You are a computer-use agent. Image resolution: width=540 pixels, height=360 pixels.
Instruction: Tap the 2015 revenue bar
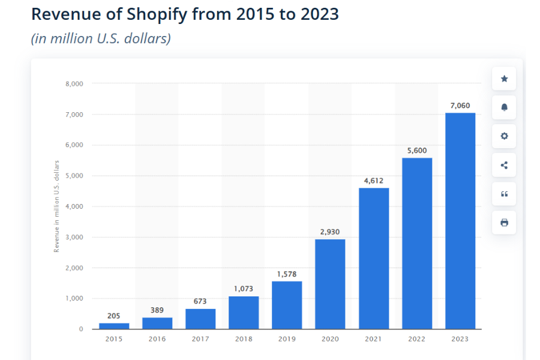tap(114, 326)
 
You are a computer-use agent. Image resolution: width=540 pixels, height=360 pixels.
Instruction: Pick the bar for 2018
tap(244, 313)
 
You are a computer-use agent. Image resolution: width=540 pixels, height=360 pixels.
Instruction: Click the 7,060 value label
tap(460, 106)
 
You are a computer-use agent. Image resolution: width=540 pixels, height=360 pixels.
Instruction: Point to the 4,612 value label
tap(373, 181)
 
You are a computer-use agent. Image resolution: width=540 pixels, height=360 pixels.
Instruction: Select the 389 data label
tap(157, 310)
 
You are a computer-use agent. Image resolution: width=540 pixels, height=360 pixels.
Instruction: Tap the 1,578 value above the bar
tap(287, 274)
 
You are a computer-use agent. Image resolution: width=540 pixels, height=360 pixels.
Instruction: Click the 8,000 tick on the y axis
tap(74, 83)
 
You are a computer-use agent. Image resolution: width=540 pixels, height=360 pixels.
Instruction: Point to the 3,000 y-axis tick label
tap(74, 237)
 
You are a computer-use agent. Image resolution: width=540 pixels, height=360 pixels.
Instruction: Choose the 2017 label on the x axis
tap(200, 339)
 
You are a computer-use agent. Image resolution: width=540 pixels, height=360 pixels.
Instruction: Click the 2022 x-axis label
tap(417, 339)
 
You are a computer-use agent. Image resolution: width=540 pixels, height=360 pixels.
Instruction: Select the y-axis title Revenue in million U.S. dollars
tap(57, 206)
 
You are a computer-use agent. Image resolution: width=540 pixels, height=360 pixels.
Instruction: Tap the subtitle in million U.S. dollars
tap(101, 38)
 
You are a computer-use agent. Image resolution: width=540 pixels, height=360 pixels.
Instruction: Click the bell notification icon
tap(504, 107)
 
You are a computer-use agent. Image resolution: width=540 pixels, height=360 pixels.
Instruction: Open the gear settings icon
tap(504, 136)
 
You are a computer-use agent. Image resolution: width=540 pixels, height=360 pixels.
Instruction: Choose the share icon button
tap(504, 165)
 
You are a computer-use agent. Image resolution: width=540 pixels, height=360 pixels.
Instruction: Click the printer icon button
tap(504, 223)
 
